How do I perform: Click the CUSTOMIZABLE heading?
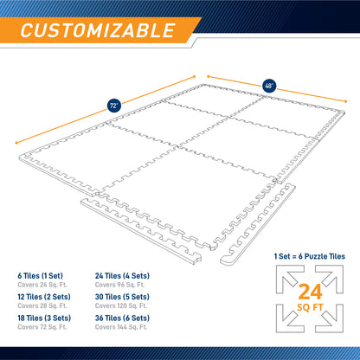point(95,31)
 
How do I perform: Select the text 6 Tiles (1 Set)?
point(38,277)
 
